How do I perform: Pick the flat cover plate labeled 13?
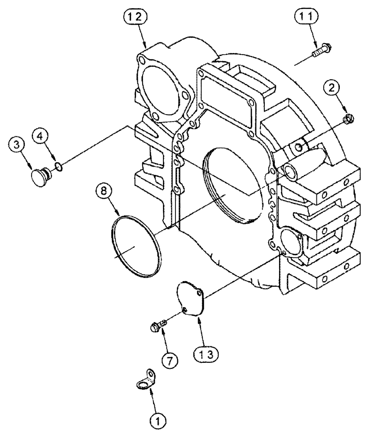pos(193,300)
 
